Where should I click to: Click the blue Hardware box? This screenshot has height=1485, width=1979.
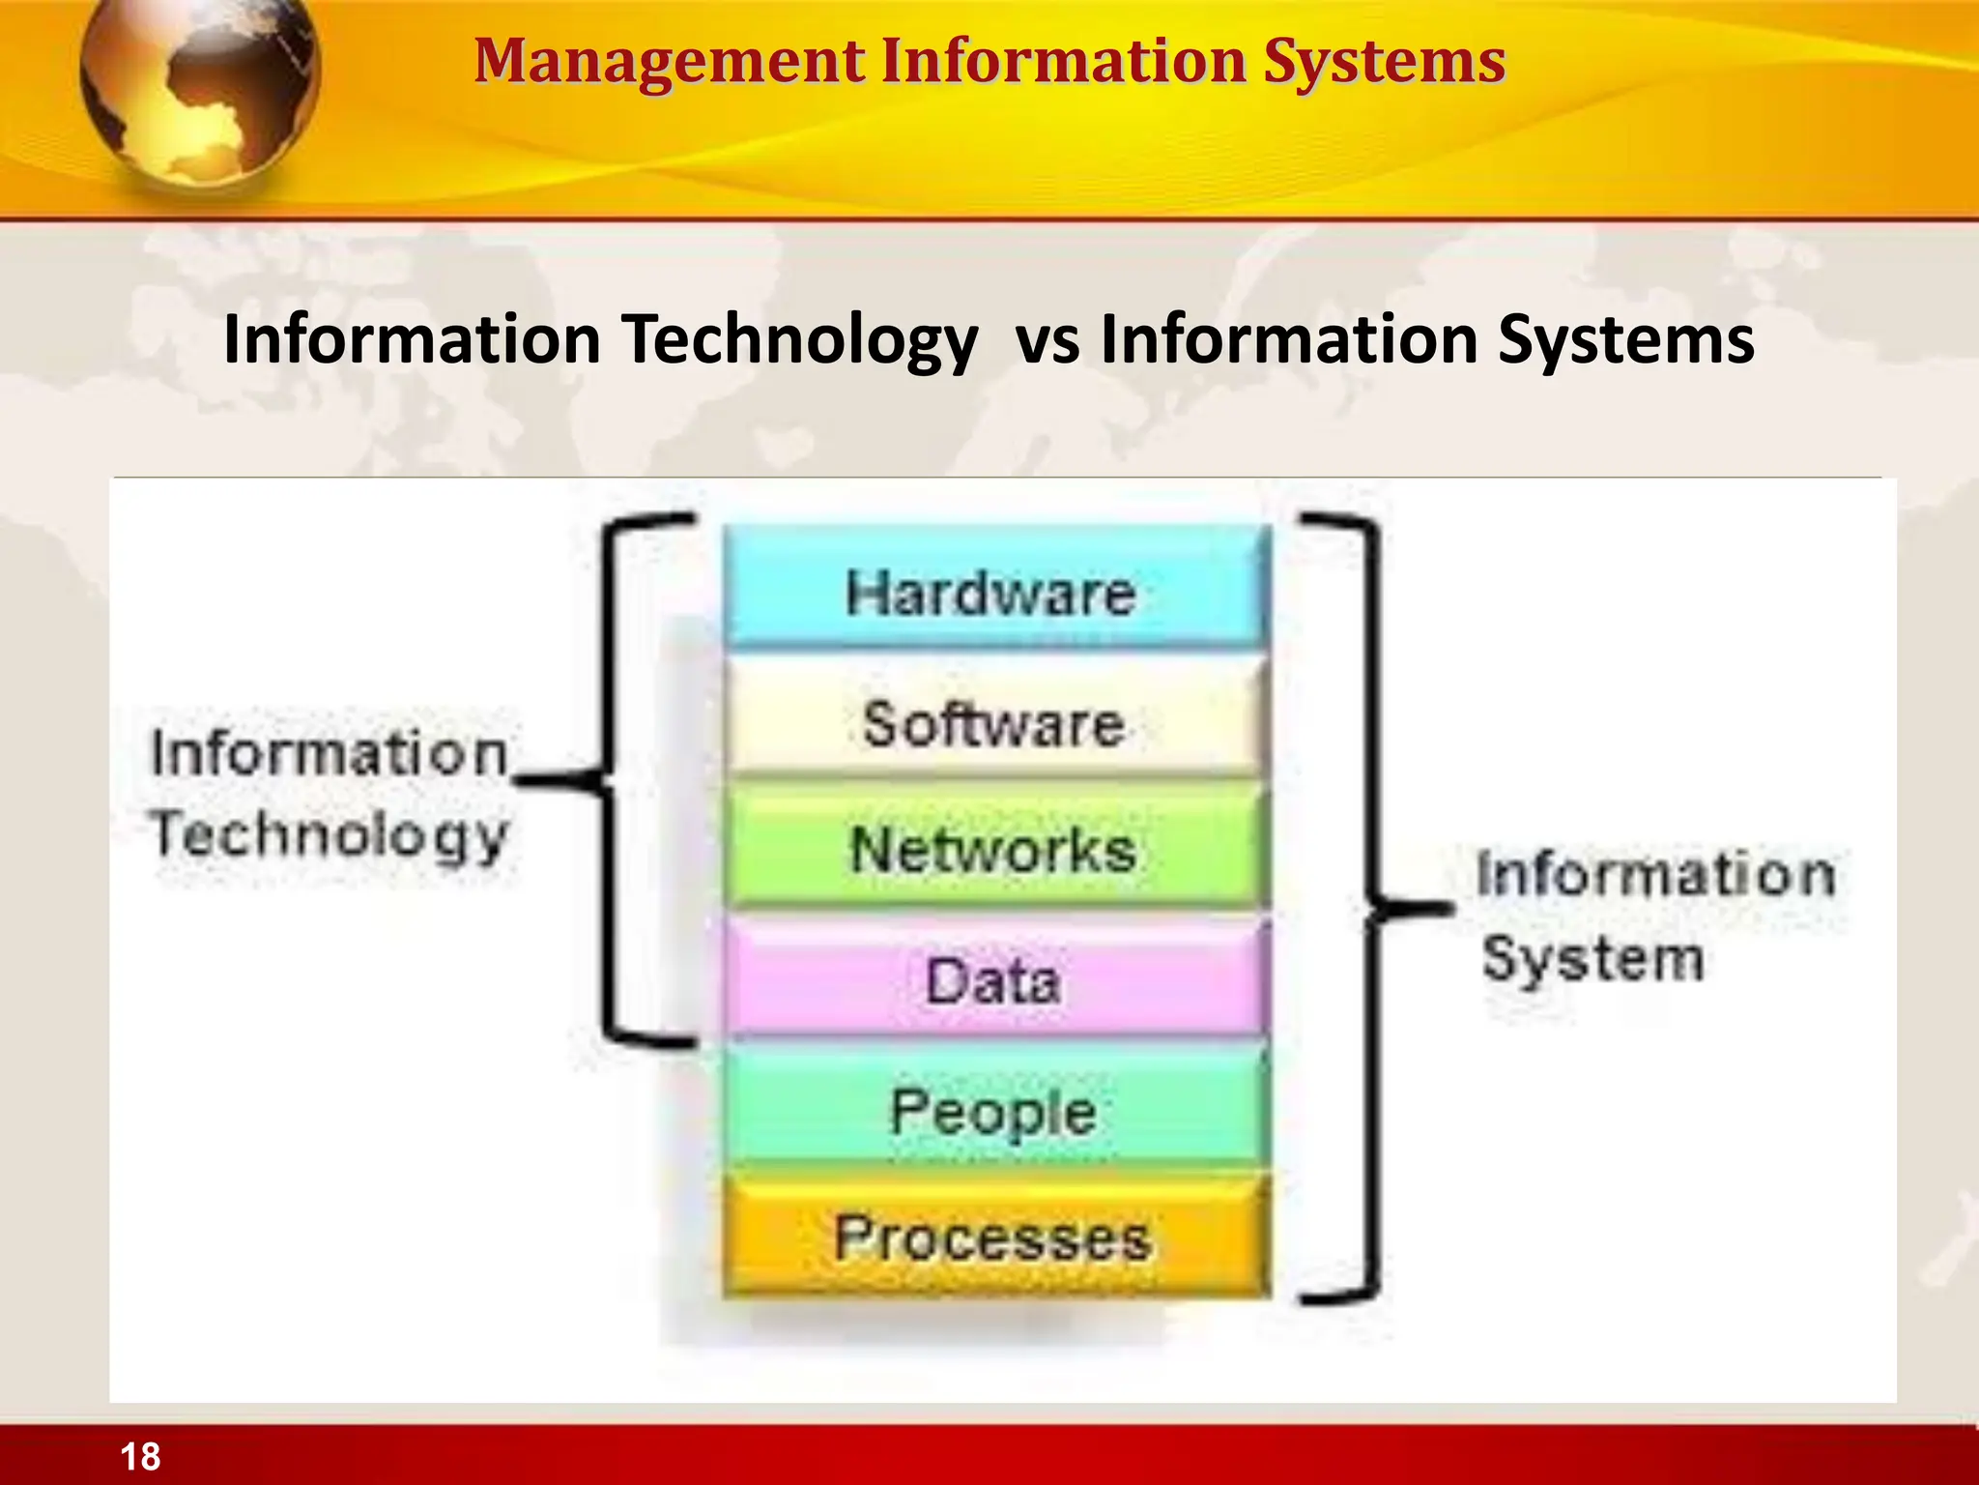[x=993, y=591]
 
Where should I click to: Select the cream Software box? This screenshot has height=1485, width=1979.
[x=993, y=721]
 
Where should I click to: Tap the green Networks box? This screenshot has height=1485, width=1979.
[x=993, y=848]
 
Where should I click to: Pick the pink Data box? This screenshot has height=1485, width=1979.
[x=993, y=978]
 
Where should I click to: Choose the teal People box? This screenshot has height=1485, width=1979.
[x=993, y=1109]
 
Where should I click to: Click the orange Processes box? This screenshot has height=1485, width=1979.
[x=993, y=1237]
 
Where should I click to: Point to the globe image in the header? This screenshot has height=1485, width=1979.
[x=198, y=92]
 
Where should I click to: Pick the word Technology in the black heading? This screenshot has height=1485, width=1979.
[x=799, y=340]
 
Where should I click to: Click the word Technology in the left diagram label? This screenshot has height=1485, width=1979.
[x=329, y=835]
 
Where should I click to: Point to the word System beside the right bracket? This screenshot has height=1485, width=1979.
[x=1592, y=959]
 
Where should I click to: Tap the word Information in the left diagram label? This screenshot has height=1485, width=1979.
[x=329, y=753]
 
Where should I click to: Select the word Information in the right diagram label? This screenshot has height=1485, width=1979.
[x=1654, y=874]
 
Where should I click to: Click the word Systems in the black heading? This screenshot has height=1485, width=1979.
[x=1625, y=340]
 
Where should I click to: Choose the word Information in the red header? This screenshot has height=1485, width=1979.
[x=1064, y=62]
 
